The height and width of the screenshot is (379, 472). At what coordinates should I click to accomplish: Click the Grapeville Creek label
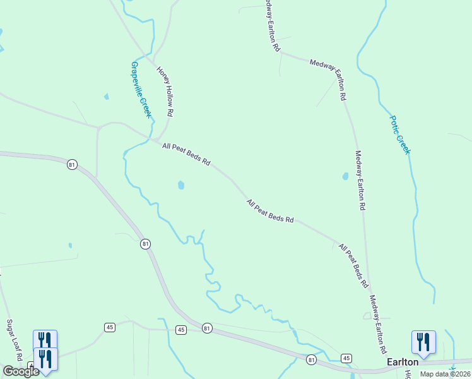[x=140, y=89]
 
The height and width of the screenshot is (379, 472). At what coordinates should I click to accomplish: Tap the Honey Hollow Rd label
[x=164, y=92]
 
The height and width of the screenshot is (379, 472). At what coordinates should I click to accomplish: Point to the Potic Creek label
[x=400, y=134]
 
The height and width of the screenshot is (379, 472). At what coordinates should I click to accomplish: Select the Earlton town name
[x=402, y=361]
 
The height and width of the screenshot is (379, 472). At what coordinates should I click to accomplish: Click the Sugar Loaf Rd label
[x=14, y=340]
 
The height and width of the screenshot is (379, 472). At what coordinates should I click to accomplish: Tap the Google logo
[x=20, y=371]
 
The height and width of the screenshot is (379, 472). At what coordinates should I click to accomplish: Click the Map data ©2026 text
[x=445, y=374]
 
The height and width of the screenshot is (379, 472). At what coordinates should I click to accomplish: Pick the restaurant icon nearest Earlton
[x=423, y=342]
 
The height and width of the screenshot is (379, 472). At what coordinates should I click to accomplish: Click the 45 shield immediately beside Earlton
[x=346, y=358]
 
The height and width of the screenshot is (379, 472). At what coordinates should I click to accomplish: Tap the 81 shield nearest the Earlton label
[x=312, y=359]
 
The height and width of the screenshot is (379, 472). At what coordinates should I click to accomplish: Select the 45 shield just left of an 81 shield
[x=181, y=330]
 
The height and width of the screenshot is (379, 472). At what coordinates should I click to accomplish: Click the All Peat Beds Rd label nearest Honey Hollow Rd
[x=186, y=154]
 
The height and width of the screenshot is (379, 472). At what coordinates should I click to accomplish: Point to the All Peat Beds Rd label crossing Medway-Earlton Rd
[x=353, y=266]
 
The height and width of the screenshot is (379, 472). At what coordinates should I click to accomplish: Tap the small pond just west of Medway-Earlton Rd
[x=345, y=176]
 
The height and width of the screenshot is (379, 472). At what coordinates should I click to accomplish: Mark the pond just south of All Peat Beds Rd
[x=181, y=185]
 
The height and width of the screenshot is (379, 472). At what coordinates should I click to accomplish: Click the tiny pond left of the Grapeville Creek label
[x=106, y=97]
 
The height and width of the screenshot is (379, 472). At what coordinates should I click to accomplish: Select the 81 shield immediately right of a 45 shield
[x=208, y=328]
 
